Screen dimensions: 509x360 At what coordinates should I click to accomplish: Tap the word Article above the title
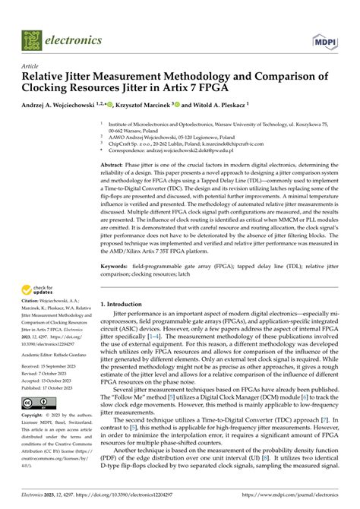tap(31, 66)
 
